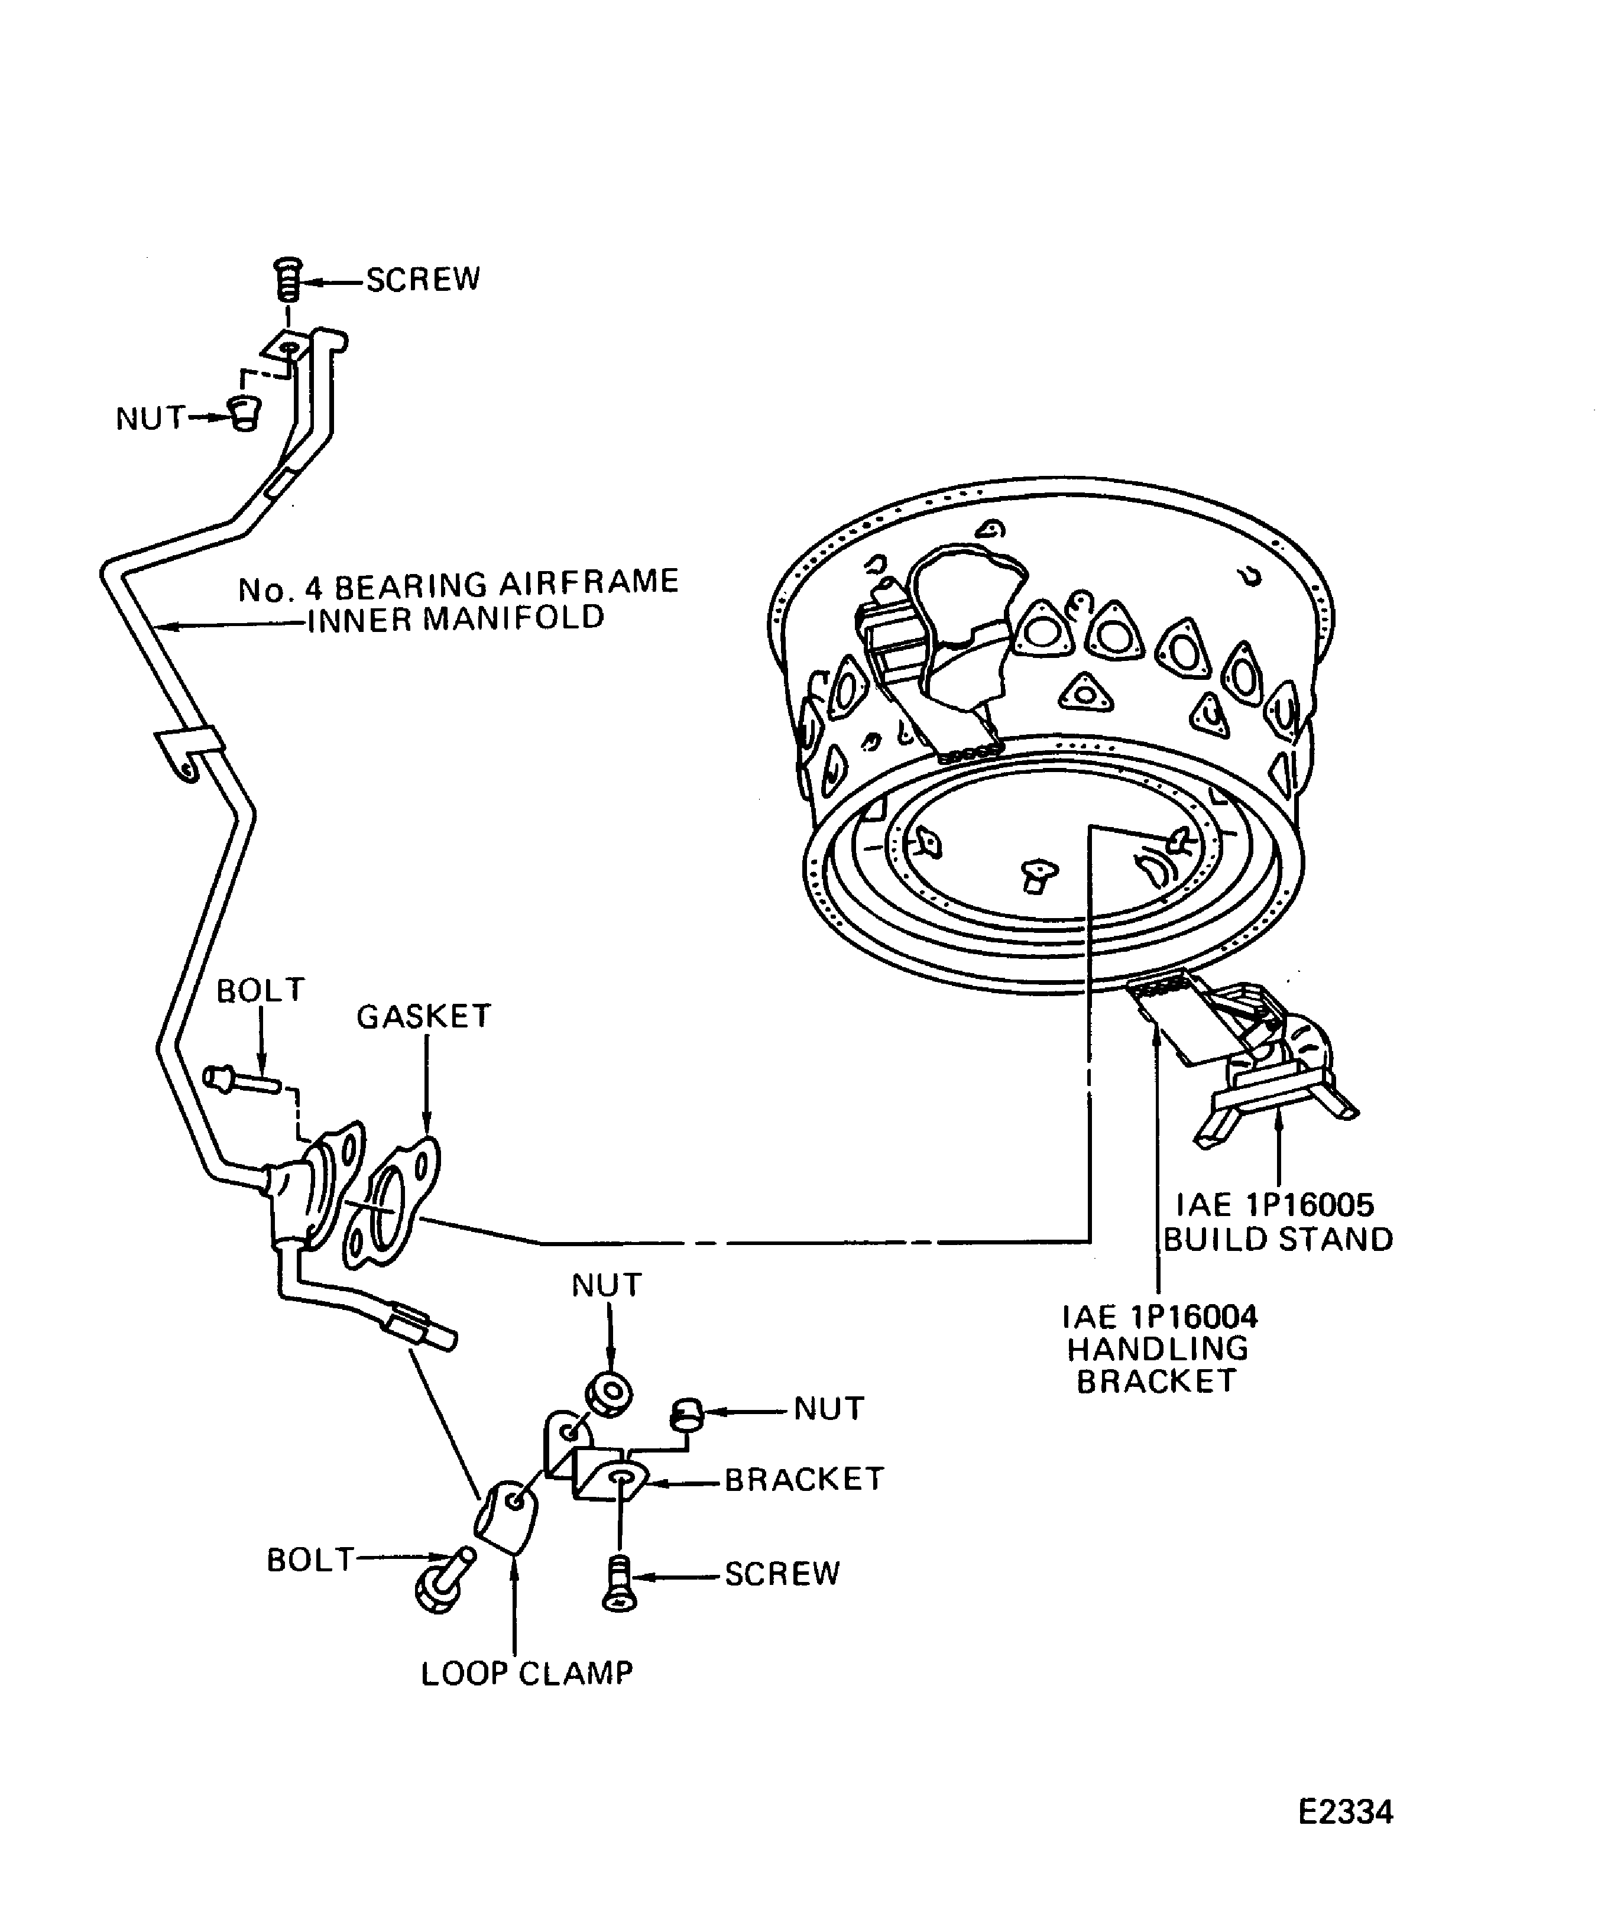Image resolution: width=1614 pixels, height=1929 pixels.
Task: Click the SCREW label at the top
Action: (423, 279)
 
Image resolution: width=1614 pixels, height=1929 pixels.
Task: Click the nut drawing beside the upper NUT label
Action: (244, 414)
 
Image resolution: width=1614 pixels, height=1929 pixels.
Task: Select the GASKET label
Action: (423, 1016)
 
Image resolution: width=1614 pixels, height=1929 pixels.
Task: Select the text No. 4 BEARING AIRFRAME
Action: (458, 585)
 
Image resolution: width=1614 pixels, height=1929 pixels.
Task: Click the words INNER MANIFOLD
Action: (456, 619)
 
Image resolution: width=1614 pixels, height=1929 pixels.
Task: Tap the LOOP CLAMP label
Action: (526, 1674)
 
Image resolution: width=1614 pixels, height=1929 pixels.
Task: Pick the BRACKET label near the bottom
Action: (804, 1479)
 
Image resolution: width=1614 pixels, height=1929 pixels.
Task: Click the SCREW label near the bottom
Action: (782, 1574)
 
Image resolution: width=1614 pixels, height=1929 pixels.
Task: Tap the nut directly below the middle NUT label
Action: (607, 1393)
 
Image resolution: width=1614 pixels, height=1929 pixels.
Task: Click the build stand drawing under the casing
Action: (1277, 1093)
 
